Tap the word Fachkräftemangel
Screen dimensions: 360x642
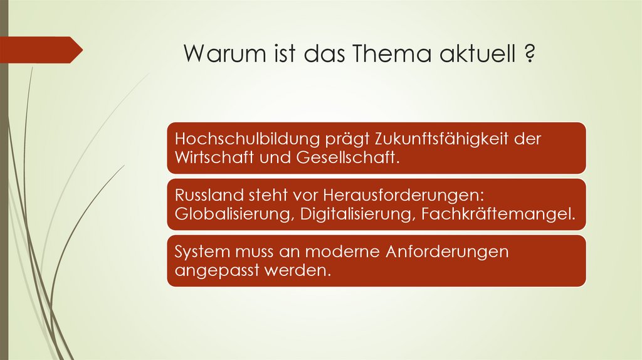pyautogui.click(x=498, y=214)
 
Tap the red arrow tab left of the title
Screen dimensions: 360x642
pyautogui.click(x=40, y=50)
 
